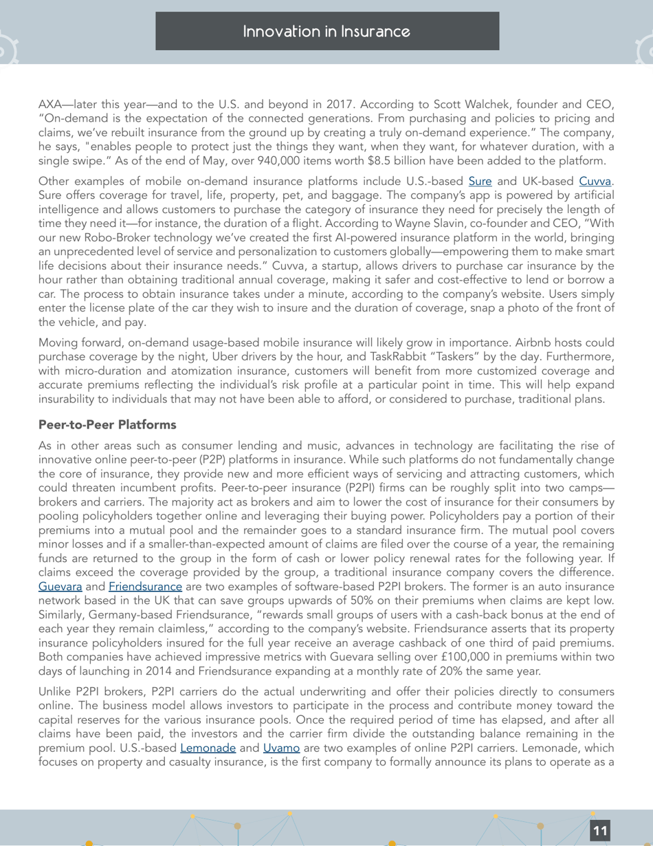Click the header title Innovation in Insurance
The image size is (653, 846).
(327, 32)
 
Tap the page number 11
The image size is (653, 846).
(600, 831)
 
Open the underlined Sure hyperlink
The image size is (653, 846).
(480, 182)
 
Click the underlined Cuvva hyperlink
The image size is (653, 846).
(595, 182)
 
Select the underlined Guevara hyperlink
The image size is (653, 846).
(60, 587)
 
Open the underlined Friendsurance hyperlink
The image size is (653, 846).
(145, 587)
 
